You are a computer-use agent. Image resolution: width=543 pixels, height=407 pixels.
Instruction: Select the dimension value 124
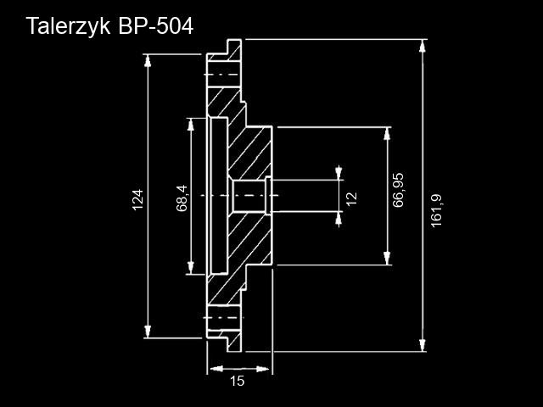[138, 199]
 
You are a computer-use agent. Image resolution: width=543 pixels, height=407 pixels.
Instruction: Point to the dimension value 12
[351, 198]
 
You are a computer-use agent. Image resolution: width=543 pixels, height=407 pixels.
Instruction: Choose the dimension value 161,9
[437, 209]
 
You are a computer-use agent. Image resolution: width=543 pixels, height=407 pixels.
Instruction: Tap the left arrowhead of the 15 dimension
[215, 369]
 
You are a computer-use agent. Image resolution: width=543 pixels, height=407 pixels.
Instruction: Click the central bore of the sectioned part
[249, 197]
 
